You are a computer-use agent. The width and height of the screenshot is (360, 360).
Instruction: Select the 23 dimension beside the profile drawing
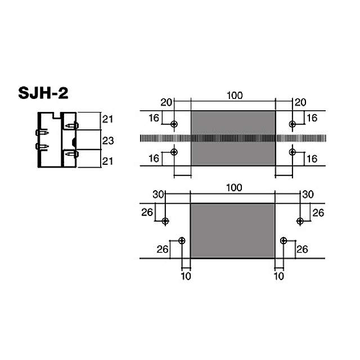click(x=109, y=140)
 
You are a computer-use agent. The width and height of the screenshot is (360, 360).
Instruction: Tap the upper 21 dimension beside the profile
click(x=109, y=119)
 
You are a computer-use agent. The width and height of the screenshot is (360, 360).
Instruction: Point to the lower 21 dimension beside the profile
click(x=109, y=161)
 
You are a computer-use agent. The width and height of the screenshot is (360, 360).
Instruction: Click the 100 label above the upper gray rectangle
click(x=235, y=95)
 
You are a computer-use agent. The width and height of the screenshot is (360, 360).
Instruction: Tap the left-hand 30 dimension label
click(x=158, y=193)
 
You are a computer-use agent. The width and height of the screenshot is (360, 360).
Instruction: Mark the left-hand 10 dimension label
click(x=186, y=276)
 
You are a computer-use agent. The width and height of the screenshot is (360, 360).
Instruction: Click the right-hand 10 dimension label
click(x=278, y=276)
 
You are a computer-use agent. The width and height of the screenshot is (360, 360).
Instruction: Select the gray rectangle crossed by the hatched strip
click(x=233, y=138)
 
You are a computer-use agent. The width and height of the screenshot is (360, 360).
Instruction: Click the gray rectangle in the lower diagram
click(x=232, y=231)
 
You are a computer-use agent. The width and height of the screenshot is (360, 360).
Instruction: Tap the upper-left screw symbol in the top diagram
click(x=174, y=124)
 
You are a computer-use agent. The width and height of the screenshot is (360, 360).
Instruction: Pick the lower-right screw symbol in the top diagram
click(x=292, y=152)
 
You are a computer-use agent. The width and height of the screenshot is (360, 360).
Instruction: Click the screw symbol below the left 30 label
click(x=165, y=221)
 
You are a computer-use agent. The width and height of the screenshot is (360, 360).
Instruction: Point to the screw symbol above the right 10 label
click(x=283, y=241)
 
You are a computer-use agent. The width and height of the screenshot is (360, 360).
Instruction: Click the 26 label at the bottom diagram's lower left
click(x=162, y=249)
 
